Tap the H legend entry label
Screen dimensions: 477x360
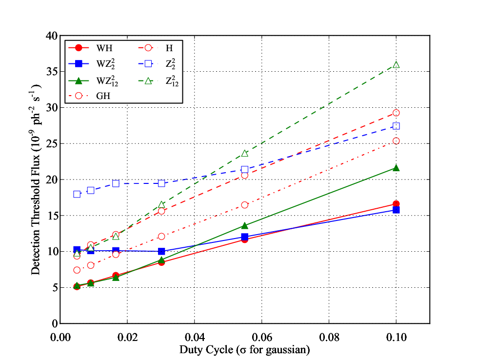[x=169, y=48]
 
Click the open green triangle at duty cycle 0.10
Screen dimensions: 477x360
[x=396, y=64]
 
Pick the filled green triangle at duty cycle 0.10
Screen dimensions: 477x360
[x=396, y=168]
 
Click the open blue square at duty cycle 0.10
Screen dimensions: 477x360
[x=396, y=126]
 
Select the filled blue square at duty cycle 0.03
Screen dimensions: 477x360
[x=161, y=251]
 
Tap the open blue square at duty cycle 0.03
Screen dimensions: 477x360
[x=161, y=183]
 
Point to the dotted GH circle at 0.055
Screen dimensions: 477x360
[x=244, y=205]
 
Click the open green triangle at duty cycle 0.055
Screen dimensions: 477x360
[x=244, y=153]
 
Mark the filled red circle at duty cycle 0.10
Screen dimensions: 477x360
[x=396, y=204]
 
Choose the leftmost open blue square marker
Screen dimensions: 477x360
[x=77, y=194]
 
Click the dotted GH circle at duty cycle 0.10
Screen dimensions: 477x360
[x=396, y=141]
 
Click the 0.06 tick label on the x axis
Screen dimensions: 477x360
[x=261, y=337]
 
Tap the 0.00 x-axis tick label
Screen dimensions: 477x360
[x=60, y=337]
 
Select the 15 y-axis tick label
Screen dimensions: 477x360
[x=52, y=216]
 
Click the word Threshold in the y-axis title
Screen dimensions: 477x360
[x=36, y=205]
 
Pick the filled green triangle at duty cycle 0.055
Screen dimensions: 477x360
[x=244, y=225]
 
